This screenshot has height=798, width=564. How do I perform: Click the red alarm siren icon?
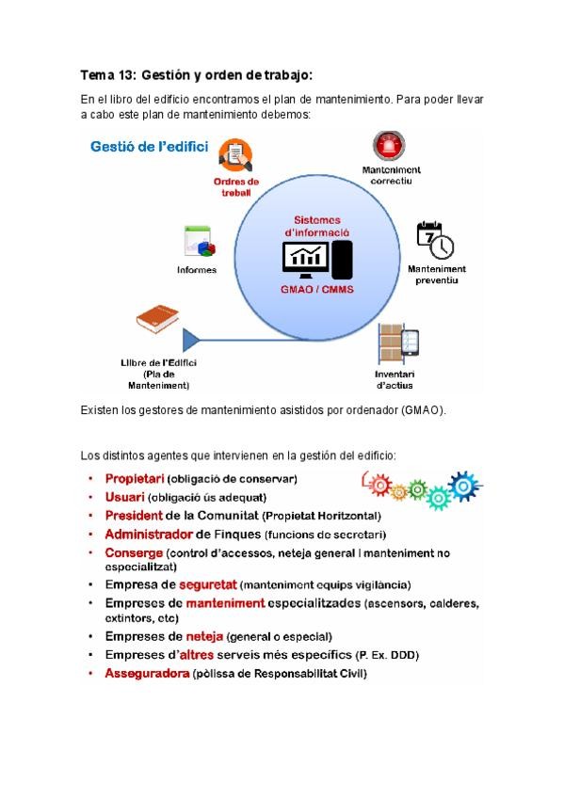pyautogui.click(x=384, y=147)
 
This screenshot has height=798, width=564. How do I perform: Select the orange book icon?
pyautogui.click(x=157, y=320)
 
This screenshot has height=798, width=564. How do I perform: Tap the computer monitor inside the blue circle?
pyautogui.click(x=307, y=256)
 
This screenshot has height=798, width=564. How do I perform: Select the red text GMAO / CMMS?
pyautogui.click(x=316, y=291)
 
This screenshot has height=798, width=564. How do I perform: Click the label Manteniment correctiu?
pyautogui.click(x=391, y=176)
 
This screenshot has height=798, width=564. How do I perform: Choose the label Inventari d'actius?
pyautogui.click(x=395, y=379)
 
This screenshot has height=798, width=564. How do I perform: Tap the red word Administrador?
pyautogui.click(x=148, y=534)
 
